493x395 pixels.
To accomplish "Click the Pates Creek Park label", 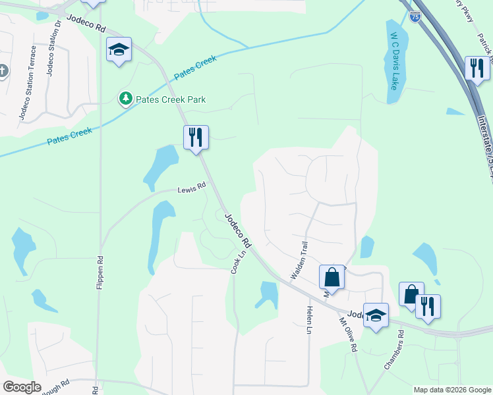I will click(x=171, y=99).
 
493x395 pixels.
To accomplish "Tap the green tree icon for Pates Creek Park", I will click(x=125, y=99).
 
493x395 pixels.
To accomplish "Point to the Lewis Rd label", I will click(x=192, y=188).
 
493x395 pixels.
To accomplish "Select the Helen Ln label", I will click(x=308, y=319).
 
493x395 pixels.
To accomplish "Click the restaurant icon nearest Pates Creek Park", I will click(x=196, y=137).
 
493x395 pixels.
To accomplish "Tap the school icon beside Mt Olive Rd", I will click(x=376, y=315).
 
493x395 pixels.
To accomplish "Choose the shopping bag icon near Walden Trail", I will click(x=332, y=277).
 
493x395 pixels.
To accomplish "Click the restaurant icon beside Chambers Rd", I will click(x=428, y=306).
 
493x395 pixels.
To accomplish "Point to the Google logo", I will click(x=22, y=387).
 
